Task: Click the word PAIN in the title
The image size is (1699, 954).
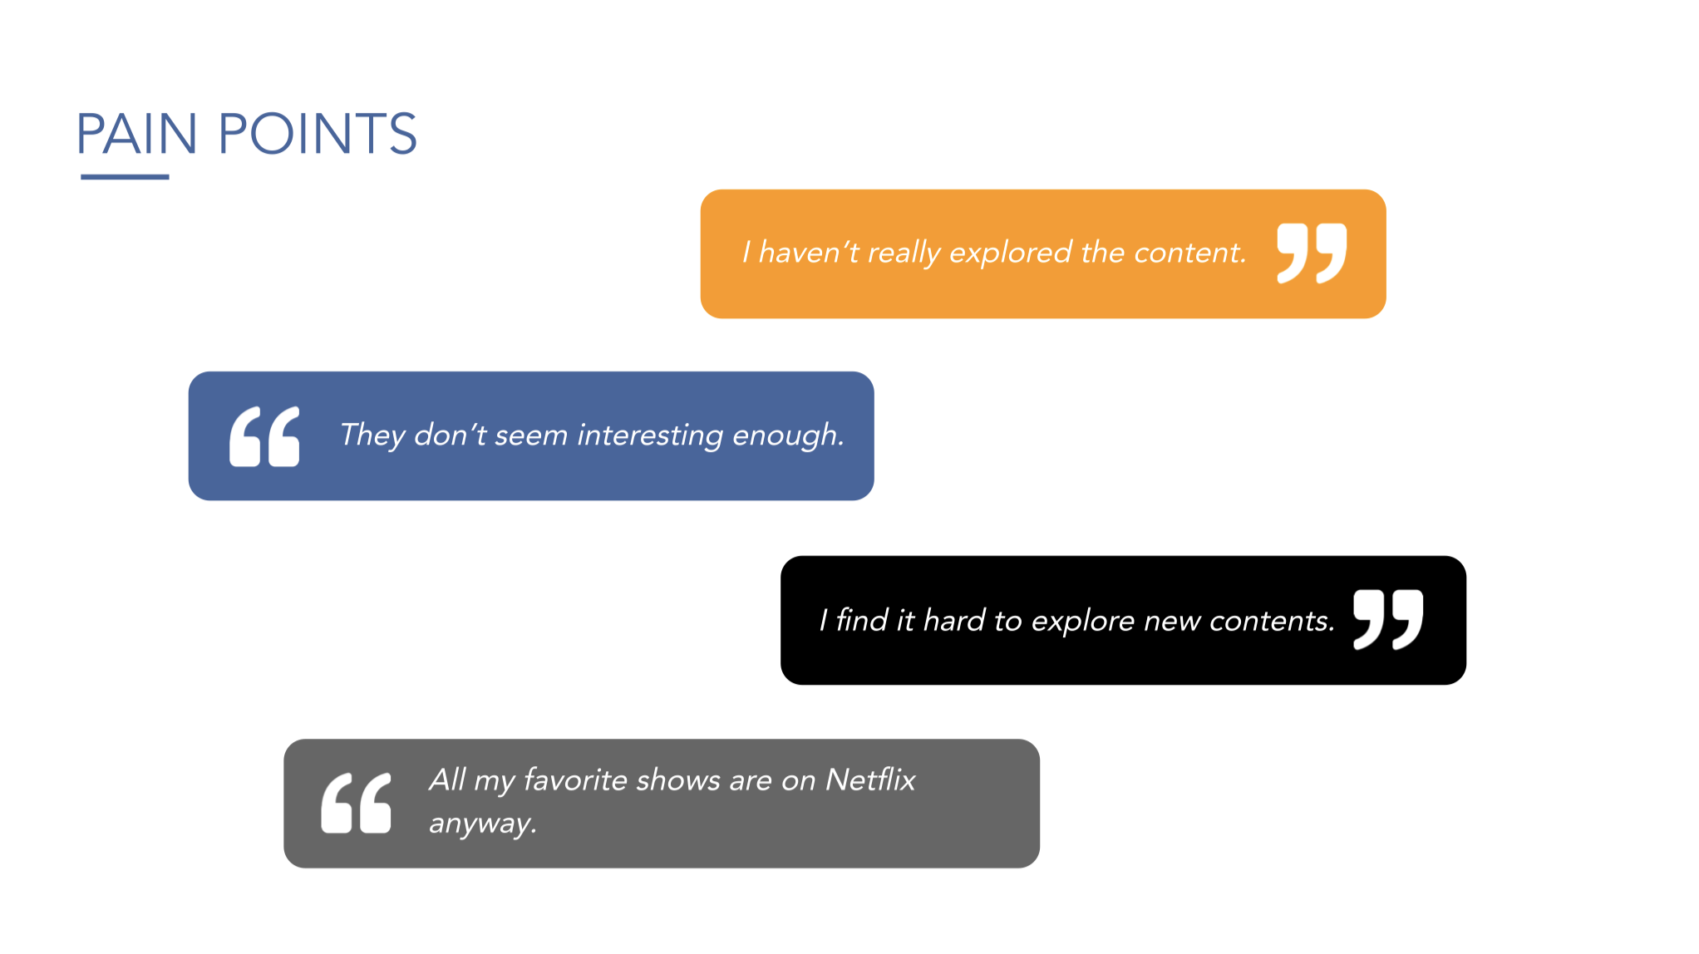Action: click(137, 134)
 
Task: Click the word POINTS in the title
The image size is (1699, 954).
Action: click(318, 134)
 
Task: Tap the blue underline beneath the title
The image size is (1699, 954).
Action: click(125, 177)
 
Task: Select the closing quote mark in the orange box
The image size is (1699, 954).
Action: click(1312, 253)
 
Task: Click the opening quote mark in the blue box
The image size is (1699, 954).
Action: click(264, 436)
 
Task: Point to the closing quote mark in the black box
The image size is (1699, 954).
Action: click(1388, 620)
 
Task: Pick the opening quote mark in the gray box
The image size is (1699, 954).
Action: click(356, 803)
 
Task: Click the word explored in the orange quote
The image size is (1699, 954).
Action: click(1011, 253)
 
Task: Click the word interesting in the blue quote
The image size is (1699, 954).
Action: click(650, 435)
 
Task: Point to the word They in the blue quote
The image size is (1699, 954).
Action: click(372, 435)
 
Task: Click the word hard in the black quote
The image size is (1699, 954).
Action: click(954, 621)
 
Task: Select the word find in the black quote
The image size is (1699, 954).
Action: click(862, 621)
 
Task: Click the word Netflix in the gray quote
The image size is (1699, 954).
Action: click(870, 780)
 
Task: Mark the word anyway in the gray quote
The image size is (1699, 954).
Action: click(480, 824)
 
